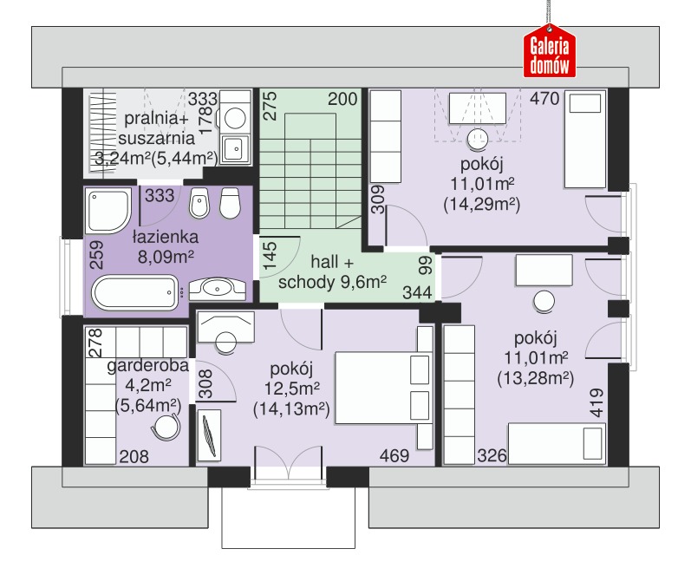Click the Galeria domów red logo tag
point(549,51)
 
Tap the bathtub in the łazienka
point(135,292)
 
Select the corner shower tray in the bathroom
point(108,211)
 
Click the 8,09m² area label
point(166,257)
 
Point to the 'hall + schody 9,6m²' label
point(332,271)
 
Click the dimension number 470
point(544,98)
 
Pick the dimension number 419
point(596,402)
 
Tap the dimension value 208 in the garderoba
point(134,456)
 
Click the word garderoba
point(148,365)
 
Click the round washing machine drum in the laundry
point(234,118)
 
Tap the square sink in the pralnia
point(236,148)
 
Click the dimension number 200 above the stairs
point(342,99)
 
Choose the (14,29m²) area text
point(482,204)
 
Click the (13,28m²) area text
point(536,378)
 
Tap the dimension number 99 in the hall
point(426,266)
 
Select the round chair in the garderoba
point(166,427)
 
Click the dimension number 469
point(394,455)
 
